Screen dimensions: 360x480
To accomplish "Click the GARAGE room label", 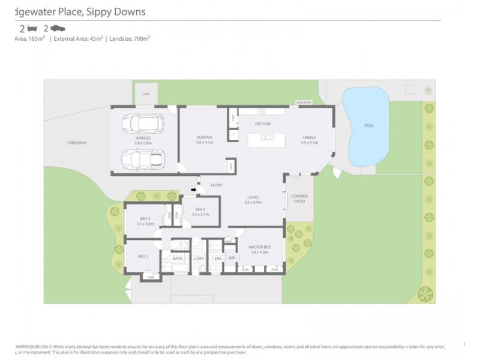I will pos(143,138).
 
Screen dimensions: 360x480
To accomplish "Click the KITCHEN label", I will pos(263,124).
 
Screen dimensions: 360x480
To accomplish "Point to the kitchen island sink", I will pos(263,137).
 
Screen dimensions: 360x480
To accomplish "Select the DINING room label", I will pos(308,138).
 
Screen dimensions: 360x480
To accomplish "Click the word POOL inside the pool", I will pos(369,126).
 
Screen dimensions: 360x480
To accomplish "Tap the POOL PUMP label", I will pos(304,103).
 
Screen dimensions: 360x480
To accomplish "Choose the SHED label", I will pos(146,94).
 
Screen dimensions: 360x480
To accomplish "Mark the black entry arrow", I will pos(194,190).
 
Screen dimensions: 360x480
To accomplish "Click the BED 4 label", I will pos(200,209).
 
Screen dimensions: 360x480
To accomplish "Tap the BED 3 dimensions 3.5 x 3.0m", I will pos(145,224).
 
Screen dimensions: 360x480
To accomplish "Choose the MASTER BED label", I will pos(260,247).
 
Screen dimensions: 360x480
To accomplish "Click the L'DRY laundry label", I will pos(198,259).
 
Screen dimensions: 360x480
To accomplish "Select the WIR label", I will pos(232,259).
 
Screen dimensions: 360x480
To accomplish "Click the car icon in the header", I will pos(58,28).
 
